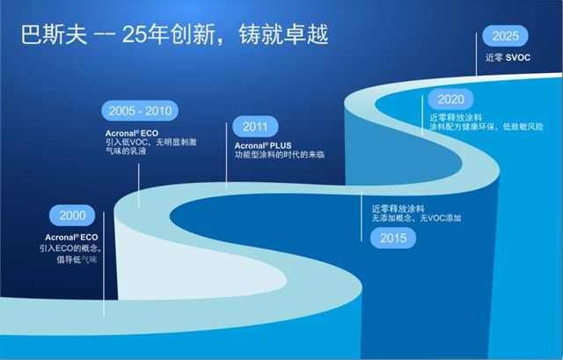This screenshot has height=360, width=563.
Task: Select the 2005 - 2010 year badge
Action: pos(141,111)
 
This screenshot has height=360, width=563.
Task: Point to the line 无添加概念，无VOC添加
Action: pos(417,217)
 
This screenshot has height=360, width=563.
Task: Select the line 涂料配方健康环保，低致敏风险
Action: pos(486,128)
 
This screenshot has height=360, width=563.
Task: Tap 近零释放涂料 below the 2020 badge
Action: pos(455,116)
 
